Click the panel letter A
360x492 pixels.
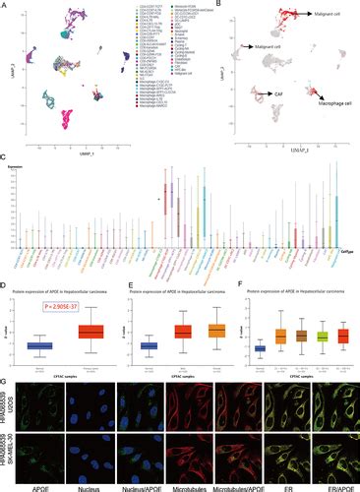tap(5, 5)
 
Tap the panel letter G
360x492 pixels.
tap(5, 376)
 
